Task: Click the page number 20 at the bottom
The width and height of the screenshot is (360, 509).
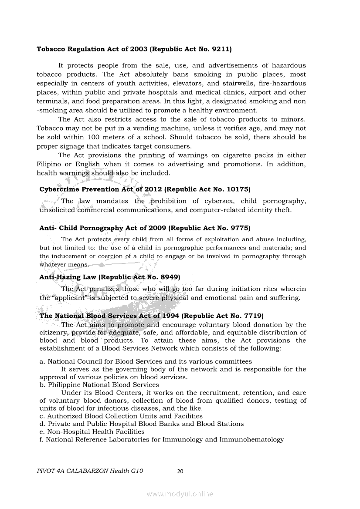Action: pos(180,471)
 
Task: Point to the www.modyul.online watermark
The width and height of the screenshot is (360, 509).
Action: pos(180,494)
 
